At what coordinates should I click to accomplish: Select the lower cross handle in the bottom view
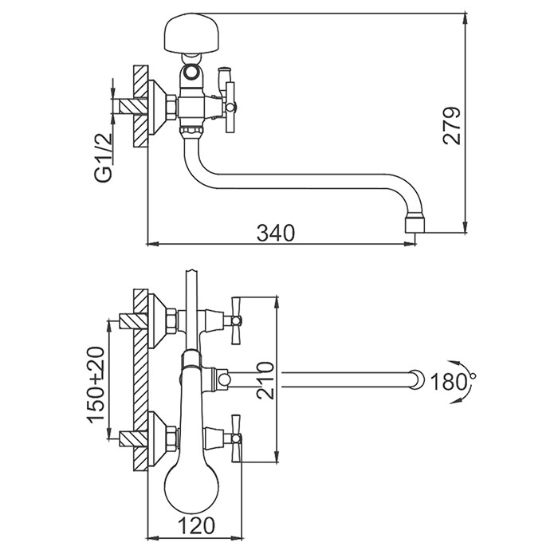235,436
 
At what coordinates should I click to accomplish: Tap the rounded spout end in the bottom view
415,379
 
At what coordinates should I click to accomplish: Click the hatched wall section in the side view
141,107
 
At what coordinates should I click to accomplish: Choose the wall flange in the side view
167,106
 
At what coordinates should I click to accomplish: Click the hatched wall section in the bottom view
141,379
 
